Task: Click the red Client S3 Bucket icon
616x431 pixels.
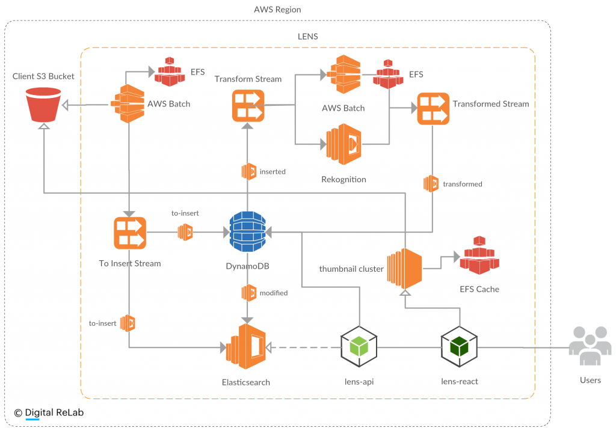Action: click(x=43, y=105)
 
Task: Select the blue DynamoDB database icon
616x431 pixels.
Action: click(x=247, y=231)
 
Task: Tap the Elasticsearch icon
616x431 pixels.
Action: click(x=246, y=347)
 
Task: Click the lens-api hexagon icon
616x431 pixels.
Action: click(x=359, y=347)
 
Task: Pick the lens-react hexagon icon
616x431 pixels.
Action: click(x=459, y=347)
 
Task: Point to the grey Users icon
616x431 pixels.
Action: click(x=590, y=346)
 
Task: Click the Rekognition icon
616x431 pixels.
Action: click(x=343, y=144)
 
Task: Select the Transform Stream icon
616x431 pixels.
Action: click(x=248, y=106)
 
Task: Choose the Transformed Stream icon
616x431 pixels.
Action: click(x=433, y=109)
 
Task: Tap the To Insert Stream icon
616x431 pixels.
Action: click(x=130, y=233)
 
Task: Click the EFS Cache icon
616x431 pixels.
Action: click(x=479, y=255)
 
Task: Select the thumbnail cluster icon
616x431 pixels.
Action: click(x=404, y=268)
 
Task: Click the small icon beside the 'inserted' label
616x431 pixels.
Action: click(x=248, y=171)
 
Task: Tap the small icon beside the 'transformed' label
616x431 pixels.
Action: click(x=431, y=184)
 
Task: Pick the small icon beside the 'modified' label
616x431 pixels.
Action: click(x=248, y=293)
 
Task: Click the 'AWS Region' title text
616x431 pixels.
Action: click(x=277, y=10)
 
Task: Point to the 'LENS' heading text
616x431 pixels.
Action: click(x=307, y=37)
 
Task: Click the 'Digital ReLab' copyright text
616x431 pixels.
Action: click(x=54, y=412)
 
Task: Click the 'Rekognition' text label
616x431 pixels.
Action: click(x=343, y=179)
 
